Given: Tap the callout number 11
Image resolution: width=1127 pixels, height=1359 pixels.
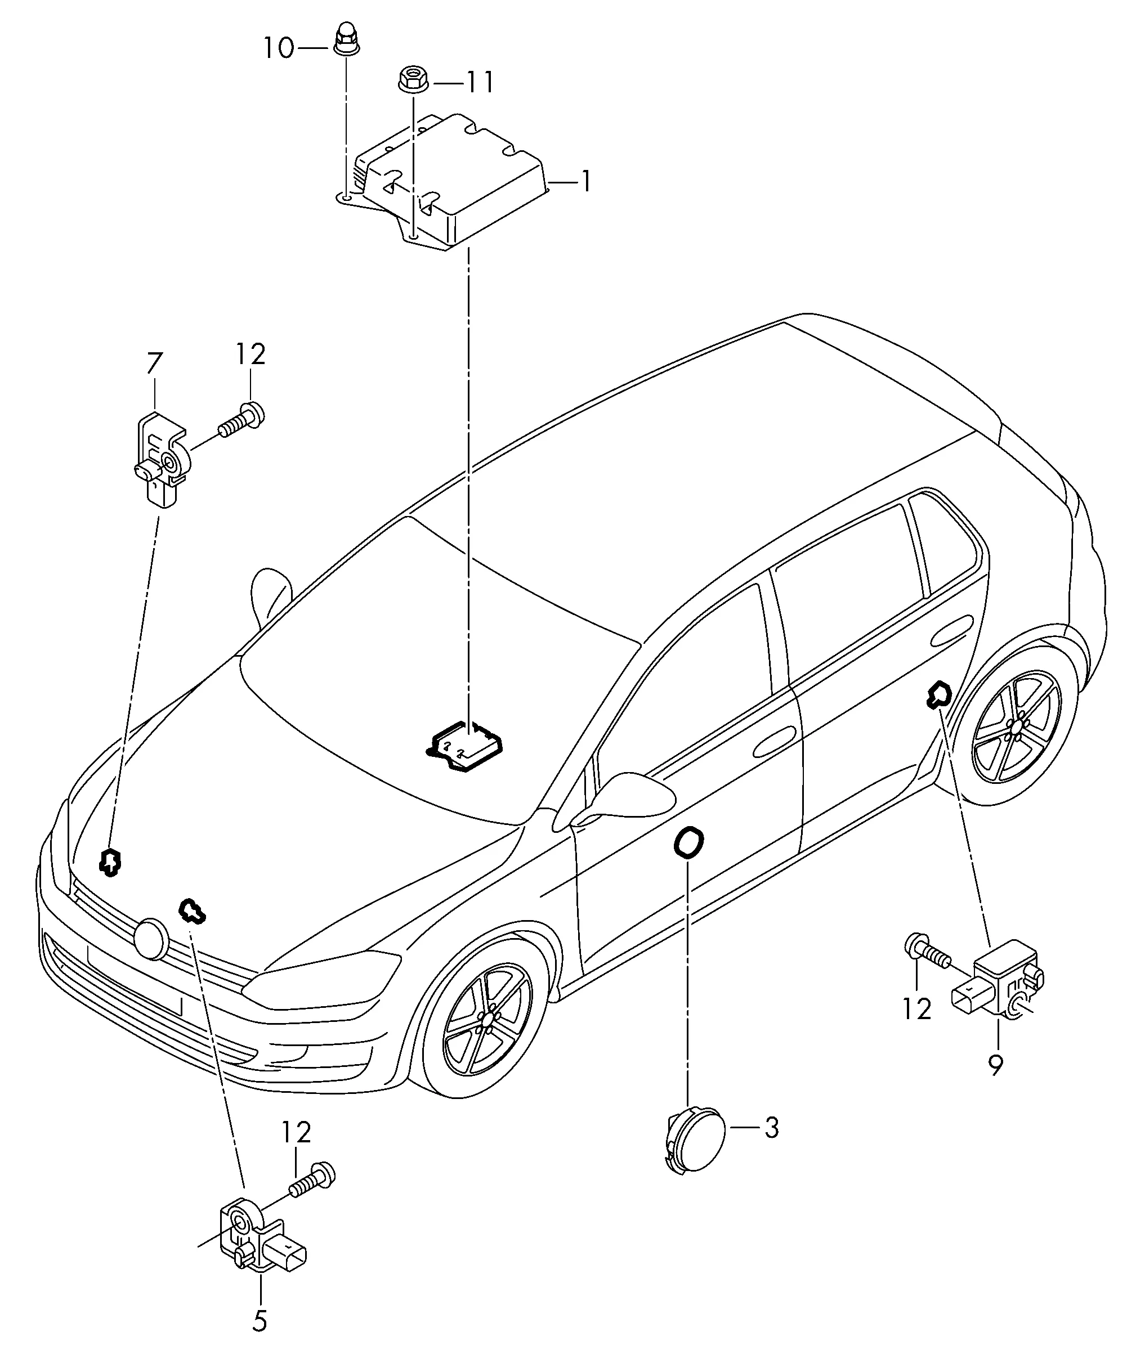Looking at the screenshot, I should [x=480, y=83].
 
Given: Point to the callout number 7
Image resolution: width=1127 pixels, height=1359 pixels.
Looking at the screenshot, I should [x=154, y=362].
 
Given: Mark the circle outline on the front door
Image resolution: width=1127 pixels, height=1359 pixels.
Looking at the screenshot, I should [x=690, y=842].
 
